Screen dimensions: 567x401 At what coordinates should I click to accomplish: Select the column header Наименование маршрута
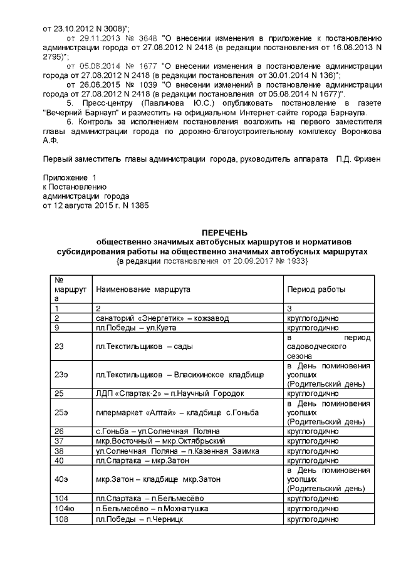[x=142, y=289]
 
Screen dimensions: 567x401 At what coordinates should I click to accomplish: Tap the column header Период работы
[x=316, y=289]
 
